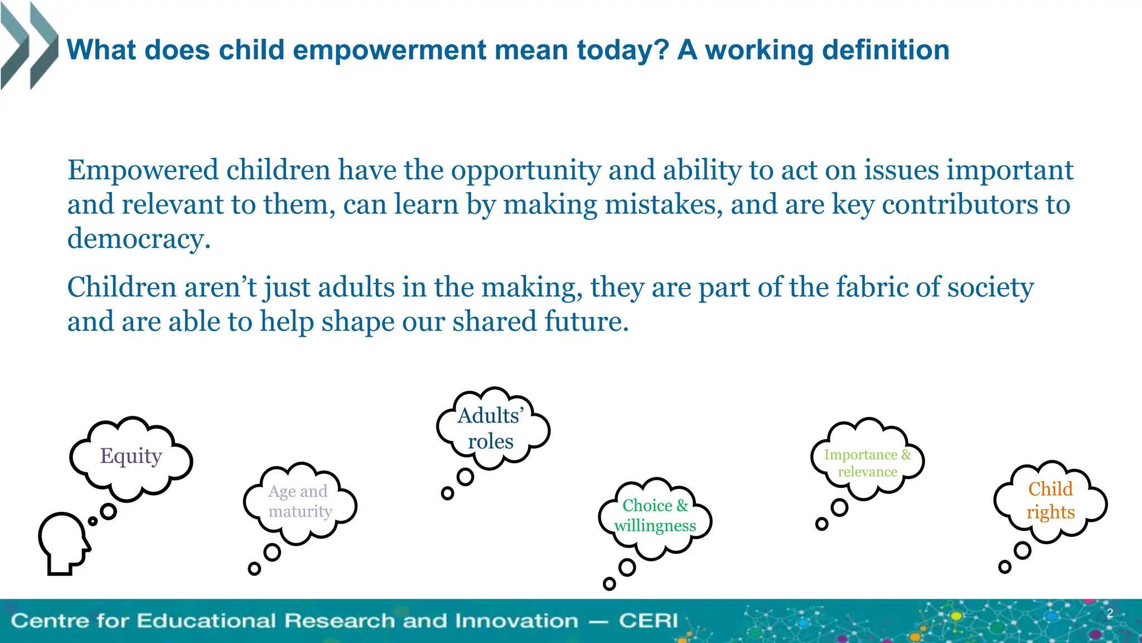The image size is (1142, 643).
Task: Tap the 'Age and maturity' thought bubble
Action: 300,502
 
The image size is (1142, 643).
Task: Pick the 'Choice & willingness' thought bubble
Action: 655,516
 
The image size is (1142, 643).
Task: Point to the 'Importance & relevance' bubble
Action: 867,463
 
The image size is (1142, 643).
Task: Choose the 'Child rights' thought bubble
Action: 1051,501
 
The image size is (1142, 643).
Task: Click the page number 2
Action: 1110,613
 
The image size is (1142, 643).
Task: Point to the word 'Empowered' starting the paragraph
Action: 143,170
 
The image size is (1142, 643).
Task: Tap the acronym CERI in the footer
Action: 648,621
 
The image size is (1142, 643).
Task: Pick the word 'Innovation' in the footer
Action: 516,621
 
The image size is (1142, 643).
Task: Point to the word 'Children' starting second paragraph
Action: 122,287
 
